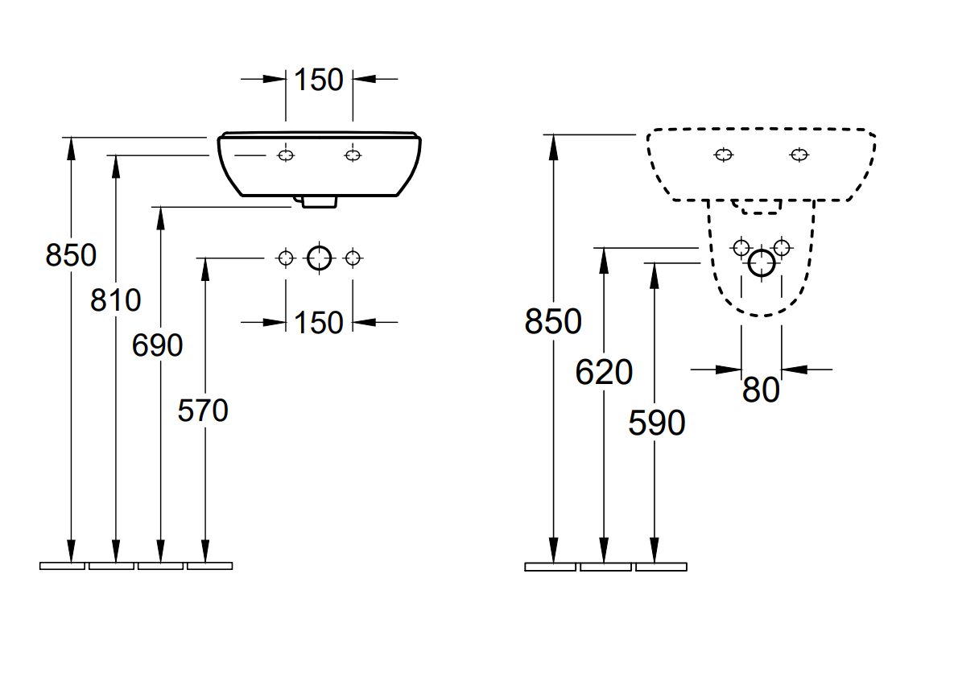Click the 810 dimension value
[115, 301]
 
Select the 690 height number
[158, 346]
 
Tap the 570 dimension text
[203, 411]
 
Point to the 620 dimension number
[604, 373]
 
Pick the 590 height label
[656, 423]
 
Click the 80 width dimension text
[761, 391]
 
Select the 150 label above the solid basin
[318, 80]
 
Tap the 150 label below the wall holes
[318, 323]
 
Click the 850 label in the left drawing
[71, 256]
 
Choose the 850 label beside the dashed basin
[553, 322]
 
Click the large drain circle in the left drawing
[320, 258]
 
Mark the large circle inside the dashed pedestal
[761, 263]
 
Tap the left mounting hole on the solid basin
[286, 155]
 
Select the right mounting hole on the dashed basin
[799, 155]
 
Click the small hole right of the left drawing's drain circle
[352, 258]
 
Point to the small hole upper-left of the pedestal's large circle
[741, 247]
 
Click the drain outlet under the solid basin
[318, 201]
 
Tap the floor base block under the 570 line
[209, 566]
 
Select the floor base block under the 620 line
[605, 567]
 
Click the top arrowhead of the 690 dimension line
[160, 214]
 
